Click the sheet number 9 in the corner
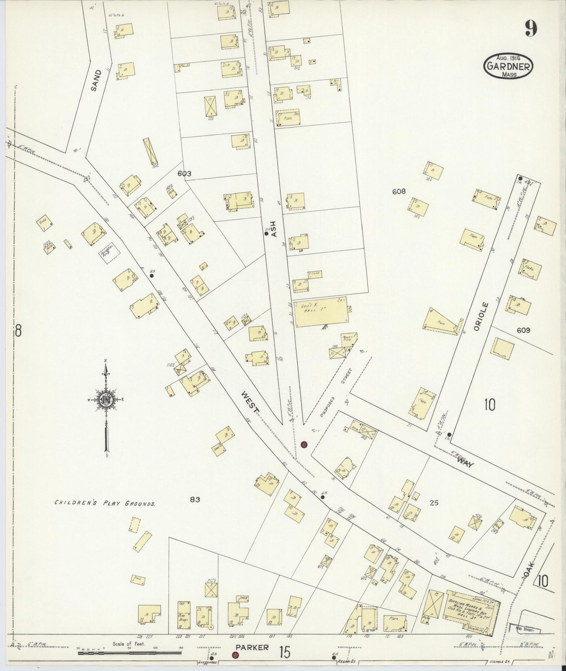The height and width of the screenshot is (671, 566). (x=531, y=28)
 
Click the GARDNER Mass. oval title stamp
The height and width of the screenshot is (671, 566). (x=508, y=66)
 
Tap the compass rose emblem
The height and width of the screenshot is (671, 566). (x=106, y=400)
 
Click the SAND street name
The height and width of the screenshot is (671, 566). (x=96, y=80)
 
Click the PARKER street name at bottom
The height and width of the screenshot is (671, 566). (x=252, y=648)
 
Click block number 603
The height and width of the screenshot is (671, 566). (x=184, y=173)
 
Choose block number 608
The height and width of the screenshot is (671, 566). (x=399, y=191)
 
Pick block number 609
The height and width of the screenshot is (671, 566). (x=523, y=330)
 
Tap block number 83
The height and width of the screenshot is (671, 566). (x=195, y=500)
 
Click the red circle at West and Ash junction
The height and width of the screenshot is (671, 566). (x=304, y=445)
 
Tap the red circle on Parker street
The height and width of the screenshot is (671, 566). (x=235, y=655)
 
